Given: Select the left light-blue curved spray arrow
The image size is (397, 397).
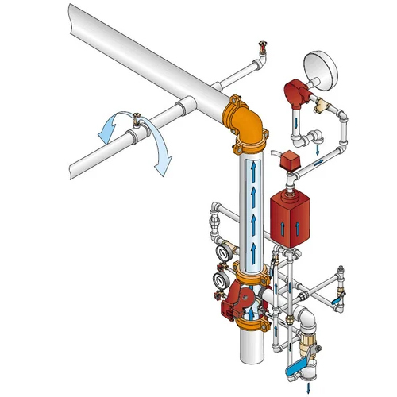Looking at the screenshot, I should [106, 127].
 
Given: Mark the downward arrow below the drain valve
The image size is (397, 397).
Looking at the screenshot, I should [306, 385].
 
